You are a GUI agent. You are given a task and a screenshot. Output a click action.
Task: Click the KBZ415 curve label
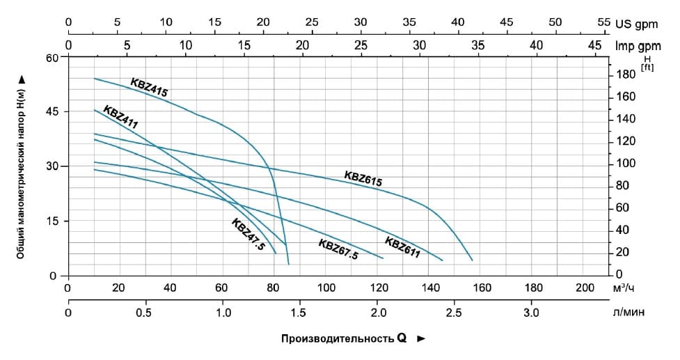[149, 86]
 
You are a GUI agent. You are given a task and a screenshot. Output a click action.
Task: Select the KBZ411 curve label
[120, 116]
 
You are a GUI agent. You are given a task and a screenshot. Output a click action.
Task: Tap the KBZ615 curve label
[363, 178]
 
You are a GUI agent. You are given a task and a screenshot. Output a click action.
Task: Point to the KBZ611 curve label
[402, 248]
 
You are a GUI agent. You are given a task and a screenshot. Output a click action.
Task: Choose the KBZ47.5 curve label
[248, 235]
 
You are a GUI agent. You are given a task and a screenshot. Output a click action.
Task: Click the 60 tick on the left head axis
[53, 58]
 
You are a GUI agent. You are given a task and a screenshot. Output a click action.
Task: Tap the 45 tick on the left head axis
[53, 112]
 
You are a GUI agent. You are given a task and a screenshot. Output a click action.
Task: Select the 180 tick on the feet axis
[626, 75]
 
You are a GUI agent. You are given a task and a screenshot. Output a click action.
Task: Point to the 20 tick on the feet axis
[624, 252]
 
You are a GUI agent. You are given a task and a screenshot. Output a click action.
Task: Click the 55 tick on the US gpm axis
[603, 22]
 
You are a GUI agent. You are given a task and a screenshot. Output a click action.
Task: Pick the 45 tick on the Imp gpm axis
[594, 45]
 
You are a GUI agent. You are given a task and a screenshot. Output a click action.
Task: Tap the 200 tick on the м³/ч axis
[586, 288]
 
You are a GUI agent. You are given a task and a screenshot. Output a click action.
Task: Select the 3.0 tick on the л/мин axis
[531, 312]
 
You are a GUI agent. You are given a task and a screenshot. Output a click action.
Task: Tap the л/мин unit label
[628, 312]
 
